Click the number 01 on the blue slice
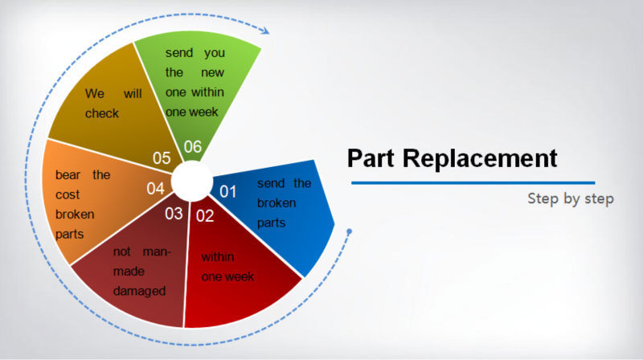(228, 191)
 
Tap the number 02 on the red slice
(205, 215)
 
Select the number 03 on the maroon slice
(174, 213)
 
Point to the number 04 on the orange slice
(155, 188)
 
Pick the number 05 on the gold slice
(162, 157)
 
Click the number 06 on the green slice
(193, 146)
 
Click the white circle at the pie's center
(191, 181)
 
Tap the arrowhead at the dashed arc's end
(266, 31)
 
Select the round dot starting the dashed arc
(350, 232)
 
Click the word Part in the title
(371, 158)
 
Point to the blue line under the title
(473, 183)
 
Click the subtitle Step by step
(571, 198)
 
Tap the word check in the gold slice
(102, 113)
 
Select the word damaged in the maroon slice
(139, 291)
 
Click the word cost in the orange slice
(68, 194)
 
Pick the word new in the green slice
(212, 72)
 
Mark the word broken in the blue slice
(276, 202)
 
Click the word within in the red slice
(218, 256)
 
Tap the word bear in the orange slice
(68, 174)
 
